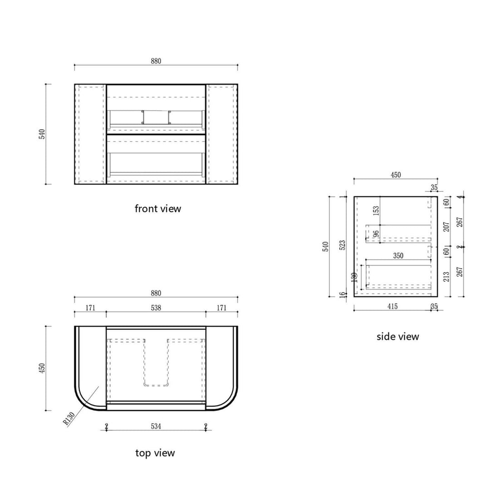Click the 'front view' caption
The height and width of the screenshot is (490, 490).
157,209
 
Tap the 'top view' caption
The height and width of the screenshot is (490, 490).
155,453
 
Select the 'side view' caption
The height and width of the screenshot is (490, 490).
397,337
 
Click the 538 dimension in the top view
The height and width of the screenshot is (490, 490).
156,308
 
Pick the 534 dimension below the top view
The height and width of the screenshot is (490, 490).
156,426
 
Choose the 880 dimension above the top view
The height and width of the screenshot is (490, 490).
156,293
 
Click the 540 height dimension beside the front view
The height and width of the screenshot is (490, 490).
42,134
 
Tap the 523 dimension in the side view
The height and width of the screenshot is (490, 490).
343,245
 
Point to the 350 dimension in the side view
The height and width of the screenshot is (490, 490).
398,256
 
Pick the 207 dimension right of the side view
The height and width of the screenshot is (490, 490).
446,227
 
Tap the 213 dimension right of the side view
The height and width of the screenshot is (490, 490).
446,277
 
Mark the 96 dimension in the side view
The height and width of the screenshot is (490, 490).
376,234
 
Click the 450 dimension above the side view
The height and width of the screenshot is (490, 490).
396,175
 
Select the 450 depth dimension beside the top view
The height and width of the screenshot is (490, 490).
42,368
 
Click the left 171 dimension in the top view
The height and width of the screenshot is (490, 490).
90,308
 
